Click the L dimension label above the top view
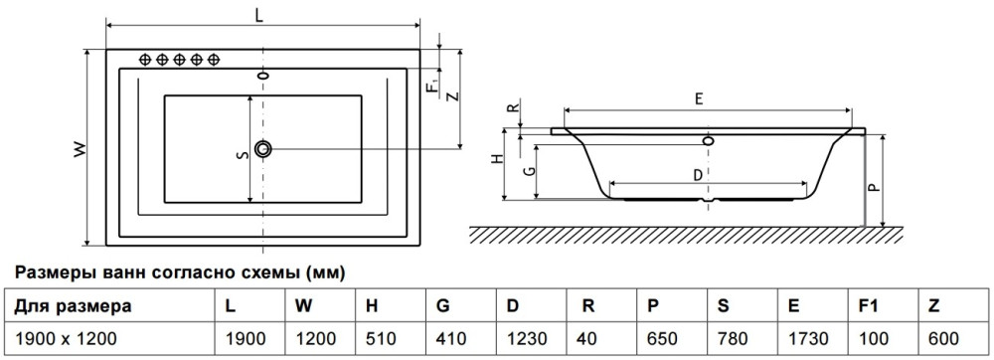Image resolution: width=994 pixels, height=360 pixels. pos(259,16)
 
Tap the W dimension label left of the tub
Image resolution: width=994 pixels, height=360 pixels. pos(80,149)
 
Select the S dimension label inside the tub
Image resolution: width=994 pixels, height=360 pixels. pos(241,155)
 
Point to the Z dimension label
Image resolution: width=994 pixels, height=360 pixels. pos(452,96)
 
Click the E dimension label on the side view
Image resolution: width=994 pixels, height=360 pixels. pos(698,98)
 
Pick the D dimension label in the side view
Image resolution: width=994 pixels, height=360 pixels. pos(697,176)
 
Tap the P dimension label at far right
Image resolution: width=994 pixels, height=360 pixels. pos(873,188)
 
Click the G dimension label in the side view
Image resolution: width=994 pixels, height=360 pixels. pos(533,171)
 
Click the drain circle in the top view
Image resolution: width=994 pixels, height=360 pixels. pos(263,149)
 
